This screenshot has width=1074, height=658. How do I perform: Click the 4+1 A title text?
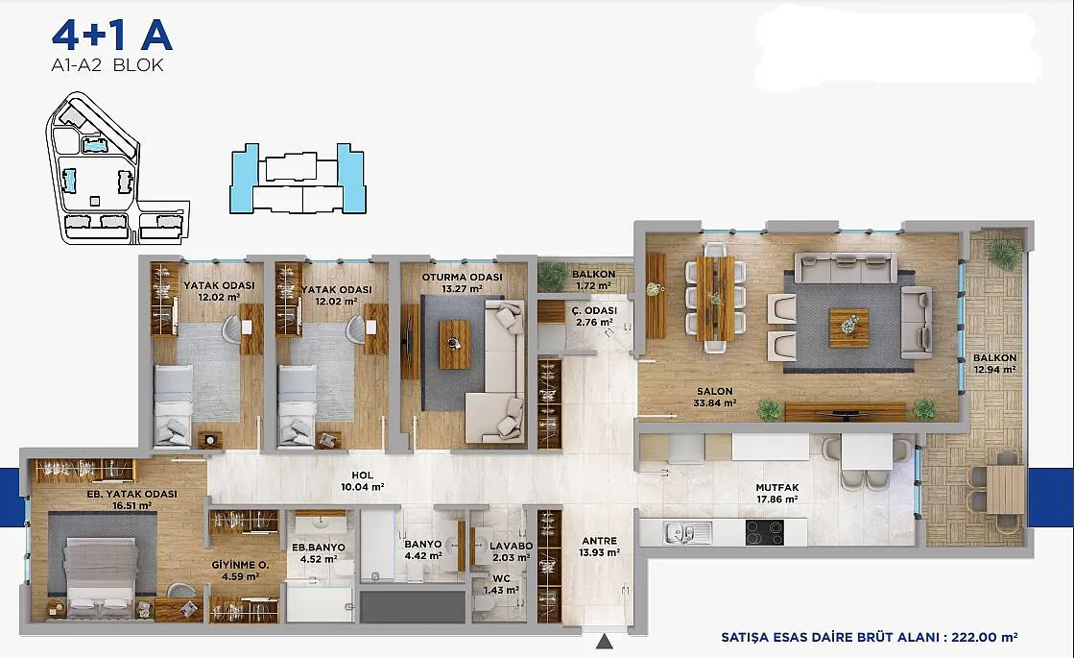111,36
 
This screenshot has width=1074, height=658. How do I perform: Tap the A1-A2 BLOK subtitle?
107,65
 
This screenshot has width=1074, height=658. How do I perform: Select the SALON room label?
714,391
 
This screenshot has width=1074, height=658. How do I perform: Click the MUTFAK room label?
777,487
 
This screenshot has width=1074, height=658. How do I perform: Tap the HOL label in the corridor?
363,475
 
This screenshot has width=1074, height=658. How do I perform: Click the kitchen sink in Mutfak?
688,532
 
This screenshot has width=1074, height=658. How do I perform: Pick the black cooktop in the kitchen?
764,532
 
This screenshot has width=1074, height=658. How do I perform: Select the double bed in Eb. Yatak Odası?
102,575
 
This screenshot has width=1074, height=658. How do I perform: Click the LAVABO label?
511,547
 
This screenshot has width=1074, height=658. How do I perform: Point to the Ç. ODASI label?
594,310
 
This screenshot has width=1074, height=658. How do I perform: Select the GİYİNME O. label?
240,566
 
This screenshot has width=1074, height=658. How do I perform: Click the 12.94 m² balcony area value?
994,370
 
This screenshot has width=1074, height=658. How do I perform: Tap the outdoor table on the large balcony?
1005,489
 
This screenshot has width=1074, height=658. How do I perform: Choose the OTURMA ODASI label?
462,277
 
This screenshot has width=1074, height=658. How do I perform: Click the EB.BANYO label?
319,547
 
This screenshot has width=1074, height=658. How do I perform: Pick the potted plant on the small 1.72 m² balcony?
551,277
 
